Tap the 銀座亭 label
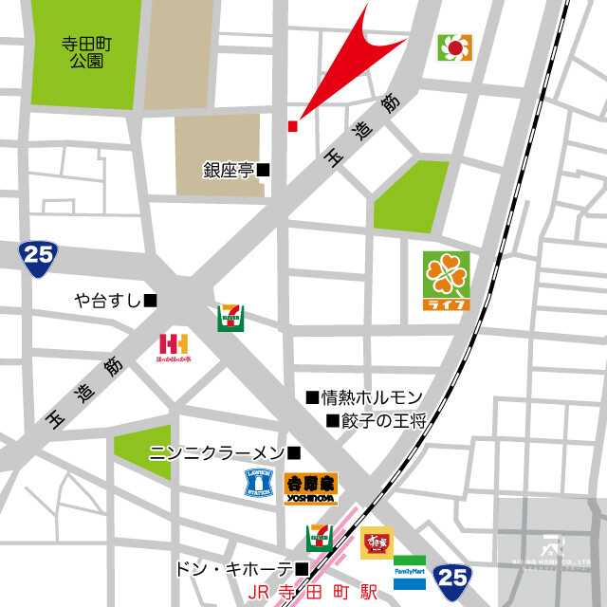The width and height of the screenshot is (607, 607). (229, 171)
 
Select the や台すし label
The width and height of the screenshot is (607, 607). (108, 301)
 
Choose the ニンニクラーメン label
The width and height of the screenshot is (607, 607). (217, 453)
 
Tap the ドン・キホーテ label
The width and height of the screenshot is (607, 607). (233, 569)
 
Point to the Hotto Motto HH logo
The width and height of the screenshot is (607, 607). (175, 348)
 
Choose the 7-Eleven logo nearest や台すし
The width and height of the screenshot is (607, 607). (230, 318)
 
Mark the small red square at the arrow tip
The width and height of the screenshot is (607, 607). (292, 125)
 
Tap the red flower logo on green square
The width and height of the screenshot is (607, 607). (455, 46)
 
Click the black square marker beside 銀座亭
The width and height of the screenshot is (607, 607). (264, 171)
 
